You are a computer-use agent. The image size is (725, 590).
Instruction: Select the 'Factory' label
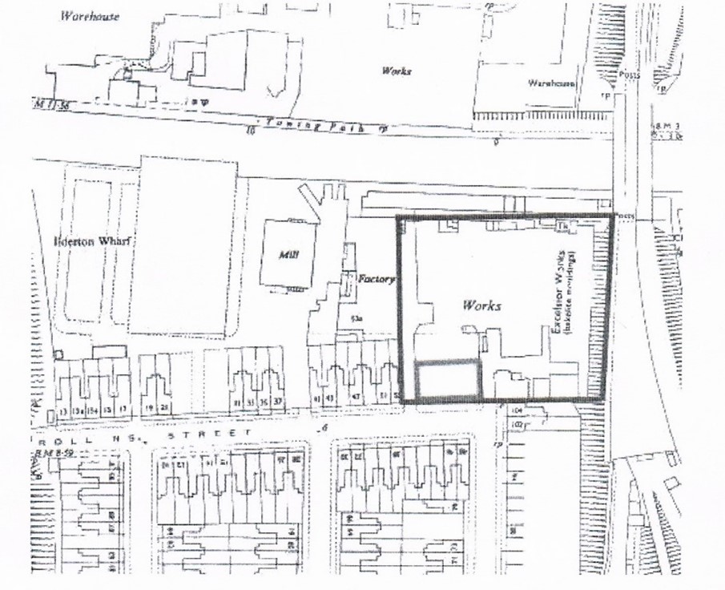[377, 280]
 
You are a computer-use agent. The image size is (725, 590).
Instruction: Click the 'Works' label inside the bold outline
[481, 305]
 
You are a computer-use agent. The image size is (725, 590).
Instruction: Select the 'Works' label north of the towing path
[397, 71]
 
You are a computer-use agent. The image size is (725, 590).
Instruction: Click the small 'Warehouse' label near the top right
[552, 83]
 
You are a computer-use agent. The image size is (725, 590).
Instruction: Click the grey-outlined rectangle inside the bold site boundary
[448, 379]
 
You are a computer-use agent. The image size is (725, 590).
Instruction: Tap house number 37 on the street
[279, 401]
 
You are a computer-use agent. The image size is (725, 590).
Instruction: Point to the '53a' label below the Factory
[357, 319]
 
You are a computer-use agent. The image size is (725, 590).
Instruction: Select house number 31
[237, 402]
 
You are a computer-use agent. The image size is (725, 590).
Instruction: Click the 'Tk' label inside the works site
[563, 228]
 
